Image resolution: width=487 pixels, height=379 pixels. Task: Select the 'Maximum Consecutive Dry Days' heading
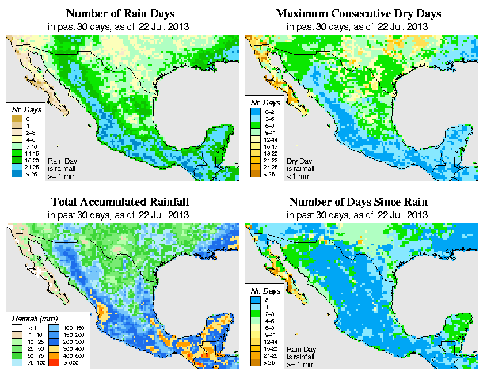tap(359, 13)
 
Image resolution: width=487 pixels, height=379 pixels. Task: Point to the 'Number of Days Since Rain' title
tap(359, 202)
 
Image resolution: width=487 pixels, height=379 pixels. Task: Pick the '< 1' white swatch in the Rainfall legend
tap(17, 327)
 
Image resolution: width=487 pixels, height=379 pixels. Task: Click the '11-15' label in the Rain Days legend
tap(31, 153)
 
